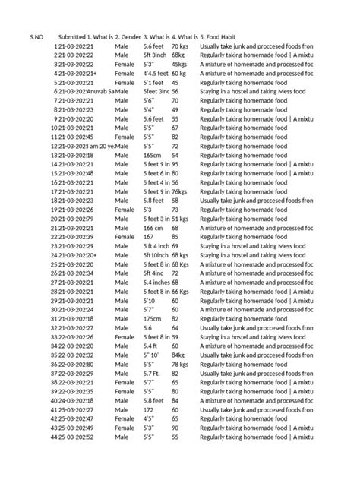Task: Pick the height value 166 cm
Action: (x=153, y=227)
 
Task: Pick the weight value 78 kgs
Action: (x=180, y=365)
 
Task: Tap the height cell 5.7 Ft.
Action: (x=153, y=374)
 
